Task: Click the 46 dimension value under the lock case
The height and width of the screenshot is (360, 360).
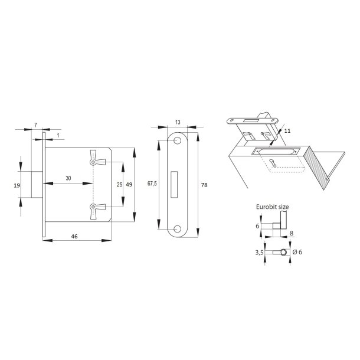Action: tap(74, 236)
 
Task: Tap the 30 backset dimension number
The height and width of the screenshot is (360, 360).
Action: tap(68, 178)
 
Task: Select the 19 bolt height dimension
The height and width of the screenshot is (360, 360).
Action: tap(17, 185)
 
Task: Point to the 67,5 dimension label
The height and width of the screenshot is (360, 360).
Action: tap(152, 184)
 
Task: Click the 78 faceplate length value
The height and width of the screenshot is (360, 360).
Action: tap(204, 185)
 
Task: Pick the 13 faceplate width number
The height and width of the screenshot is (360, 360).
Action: tap(178, 122)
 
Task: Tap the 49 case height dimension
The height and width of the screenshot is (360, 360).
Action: tap(129, 184)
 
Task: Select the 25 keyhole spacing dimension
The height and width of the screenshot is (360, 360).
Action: tap(119, 184)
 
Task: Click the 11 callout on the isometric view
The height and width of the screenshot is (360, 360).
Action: tap(287, 130)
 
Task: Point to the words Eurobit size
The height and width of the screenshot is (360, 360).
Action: tap(273, 207)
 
